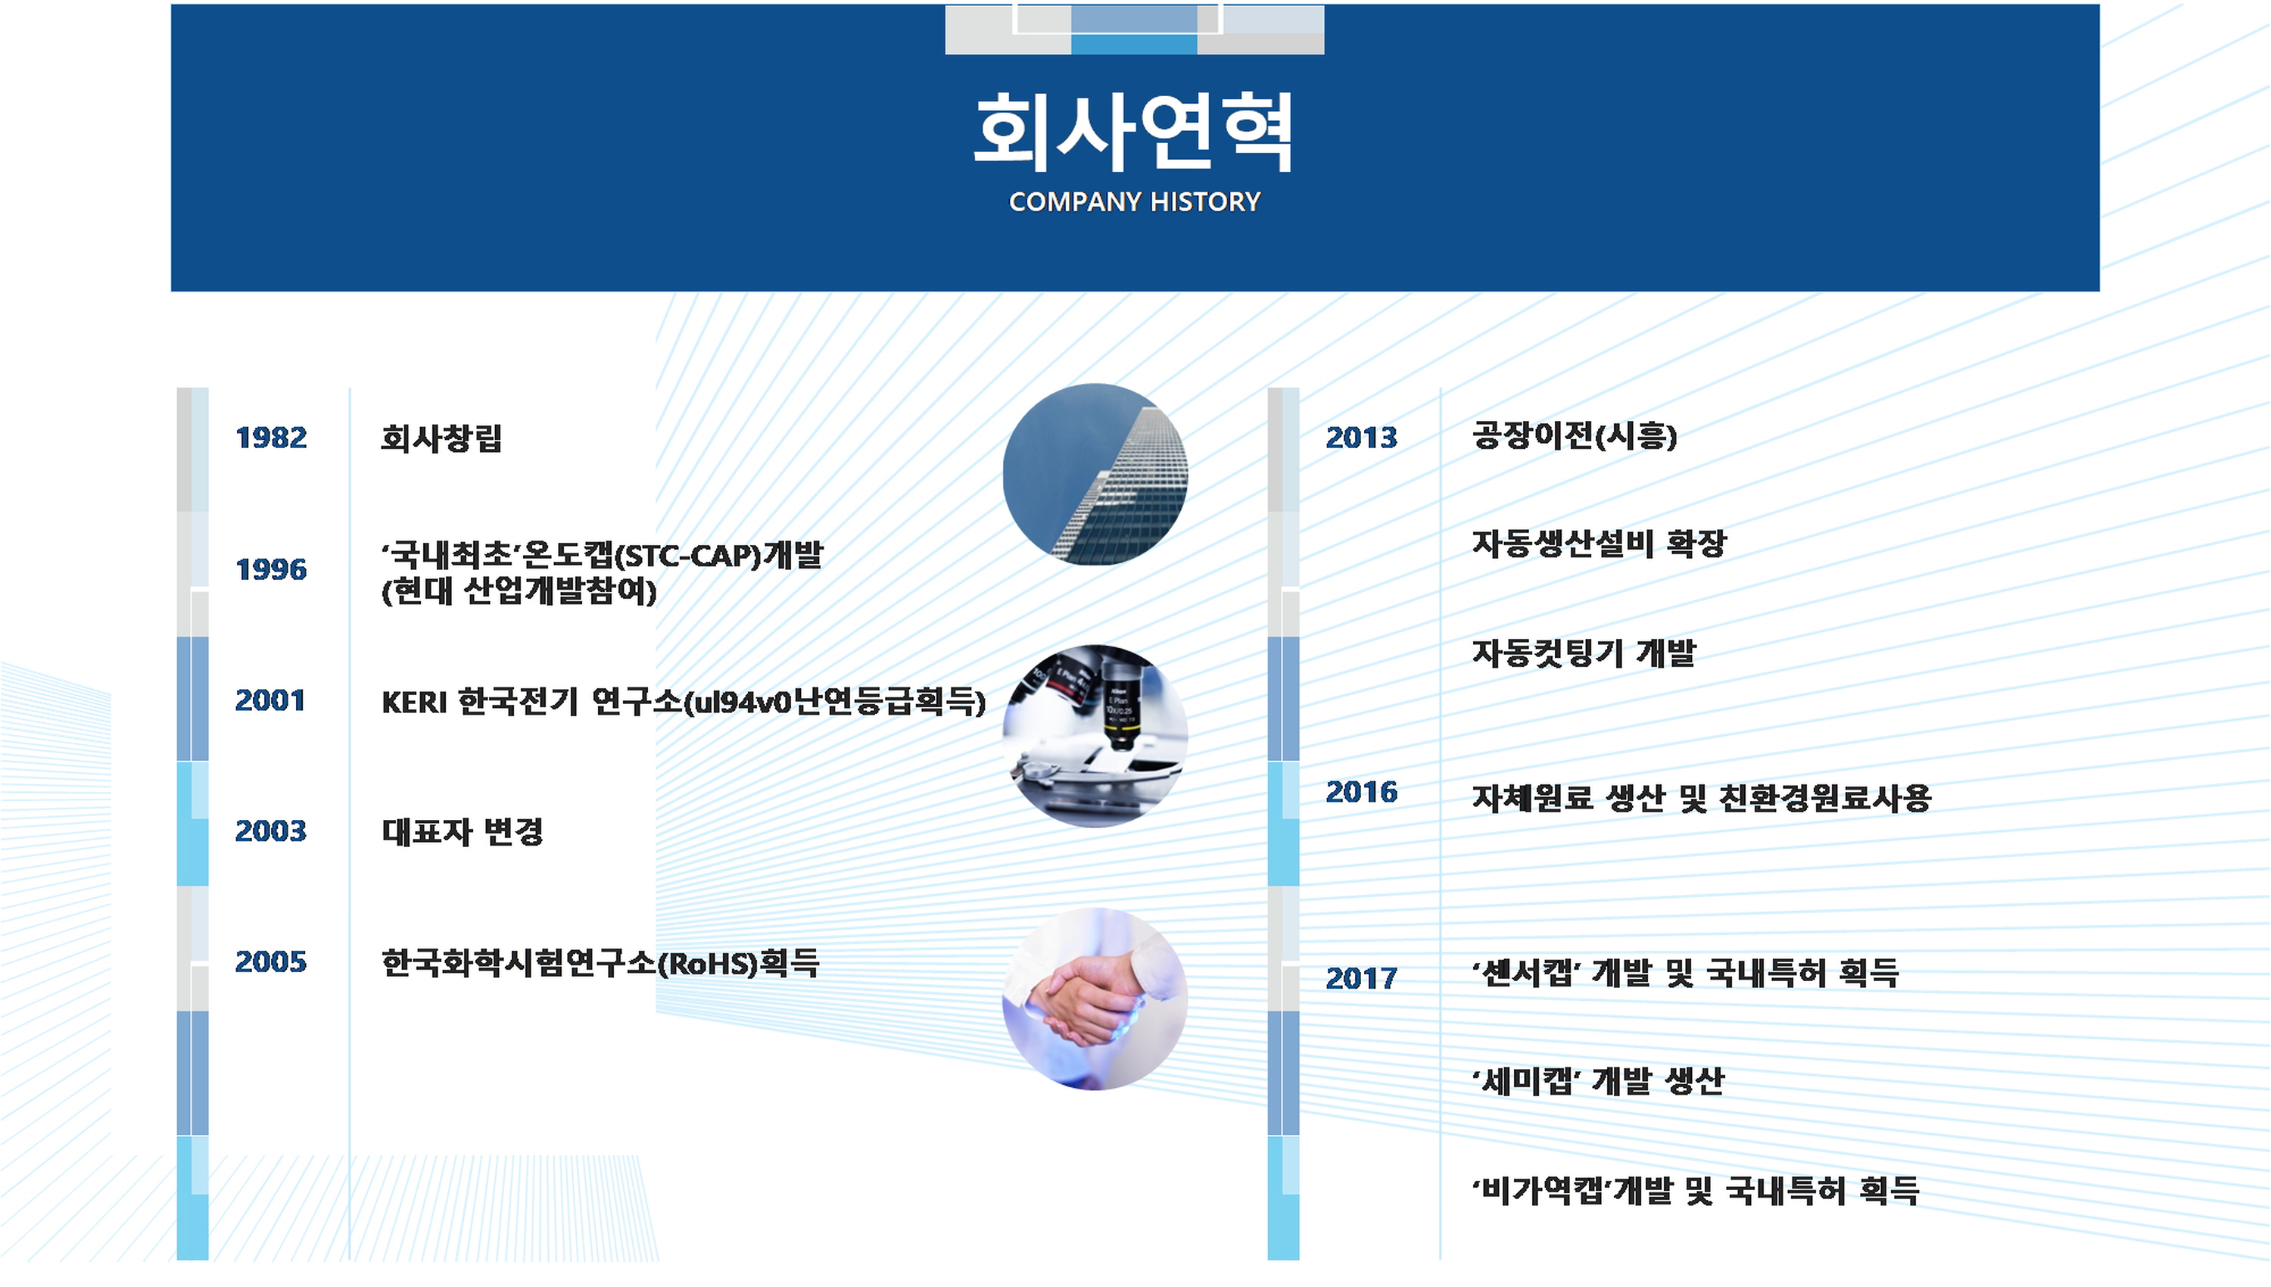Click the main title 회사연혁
[1134, 132]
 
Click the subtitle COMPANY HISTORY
[1135, 202]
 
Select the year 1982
[271, 438]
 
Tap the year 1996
[271, 569]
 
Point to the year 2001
[270, 700]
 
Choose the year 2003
[270, 831]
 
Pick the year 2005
[270, 961]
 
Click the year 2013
[1362, 438]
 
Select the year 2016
[1362, 792]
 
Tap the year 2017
[1362, 979]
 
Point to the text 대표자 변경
[463, 831]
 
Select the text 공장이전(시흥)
[1575, 435]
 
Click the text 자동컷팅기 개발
[1584, 653]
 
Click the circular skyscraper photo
[1095, 475]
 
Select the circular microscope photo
[1095, 735]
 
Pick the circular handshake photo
[1095, 999]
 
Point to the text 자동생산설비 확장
[1600, 543]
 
